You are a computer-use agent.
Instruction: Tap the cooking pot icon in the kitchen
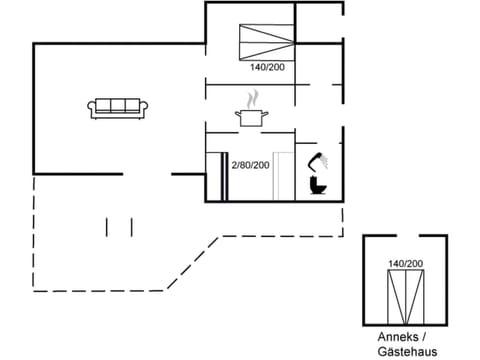(x=251, y=118)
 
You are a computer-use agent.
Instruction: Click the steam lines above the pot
(x=253, y=98)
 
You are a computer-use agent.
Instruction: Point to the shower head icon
(x=319, y=160)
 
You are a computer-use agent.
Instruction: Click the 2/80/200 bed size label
(x=250, y=165)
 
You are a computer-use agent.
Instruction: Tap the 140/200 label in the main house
(x=266, y=68)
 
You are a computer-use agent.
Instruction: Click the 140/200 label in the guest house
(x=405, y=263)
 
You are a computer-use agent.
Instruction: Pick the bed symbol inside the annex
(x=405, y=296)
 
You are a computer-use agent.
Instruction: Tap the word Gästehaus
(x=406, y=351)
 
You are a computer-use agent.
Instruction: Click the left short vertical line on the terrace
(x=107, y=227)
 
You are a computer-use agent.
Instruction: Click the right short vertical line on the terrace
(x=132, y=227)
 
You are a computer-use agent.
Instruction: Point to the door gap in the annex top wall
(x=405, y=236)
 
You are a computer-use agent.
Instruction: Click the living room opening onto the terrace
(x=149, y=174)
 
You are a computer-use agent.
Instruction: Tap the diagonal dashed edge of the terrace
(x=185, y=264)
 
